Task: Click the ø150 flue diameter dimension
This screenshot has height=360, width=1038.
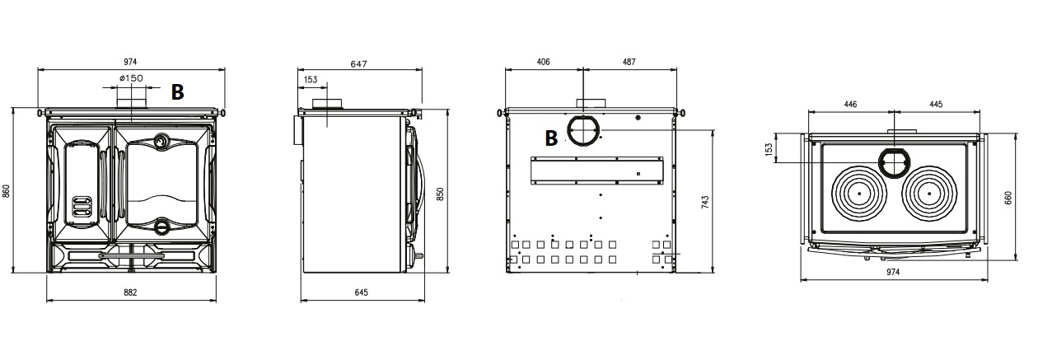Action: [131, 78]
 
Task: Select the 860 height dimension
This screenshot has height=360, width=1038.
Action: [7, 191]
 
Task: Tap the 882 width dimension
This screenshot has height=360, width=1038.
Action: [131, 292]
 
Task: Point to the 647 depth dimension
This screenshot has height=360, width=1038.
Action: [358, 64]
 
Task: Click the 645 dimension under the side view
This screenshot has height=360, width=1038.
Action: [361, 292]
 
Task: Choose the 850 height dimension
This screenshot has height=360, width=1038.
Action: [440, 194]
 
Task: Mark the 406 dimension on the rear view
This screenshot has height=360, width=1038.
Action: [543, 62]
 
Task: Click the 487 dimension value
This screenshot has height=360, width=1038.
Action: [629, 62]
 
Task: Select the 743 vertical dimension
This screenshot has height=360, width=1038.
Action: [705, 203]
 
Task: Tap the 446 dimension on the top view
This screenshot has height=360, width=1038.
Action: [850, 105]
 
